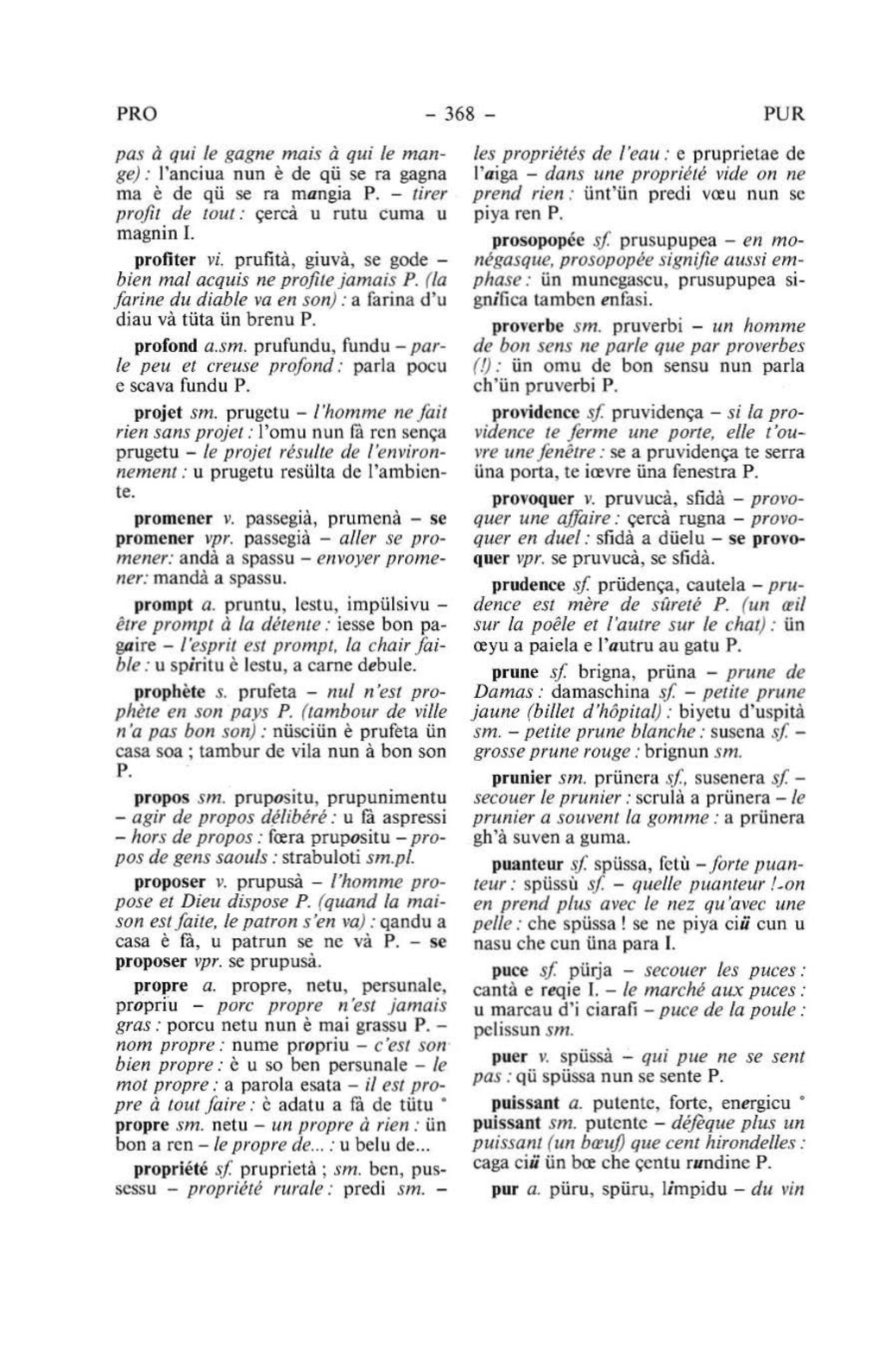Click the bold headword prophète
click(170, 692)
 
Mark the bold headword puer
click(508, 1056)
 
